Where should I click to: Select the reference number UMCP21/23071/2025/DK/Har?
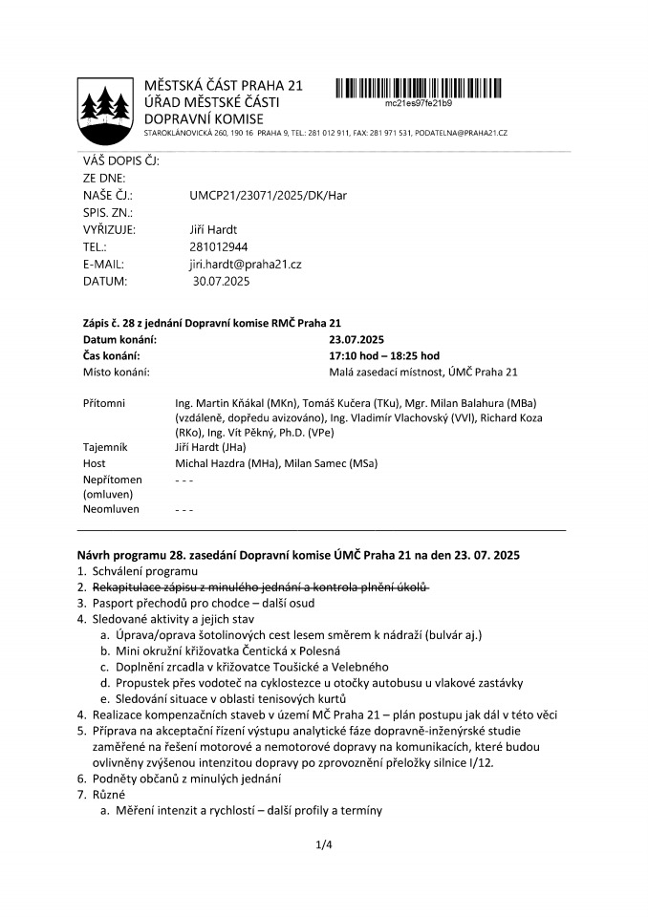tap(268, 195)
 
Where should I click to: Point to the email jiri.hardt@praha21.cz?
tap(246, 264)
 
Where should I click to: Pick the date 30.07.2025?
tap(221, 281)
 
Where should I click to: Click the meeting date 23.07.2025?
tap(357, 339)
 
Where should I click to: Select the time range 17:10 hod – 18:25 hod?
tap(384, 355)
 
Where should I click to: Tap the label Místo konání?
tap(116, 372)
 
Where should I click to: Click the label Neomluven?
tap(112, 509)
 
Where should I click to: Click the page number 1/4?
tap(323, 844)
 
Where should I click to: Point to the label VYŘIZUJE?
tap(109, 229)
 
